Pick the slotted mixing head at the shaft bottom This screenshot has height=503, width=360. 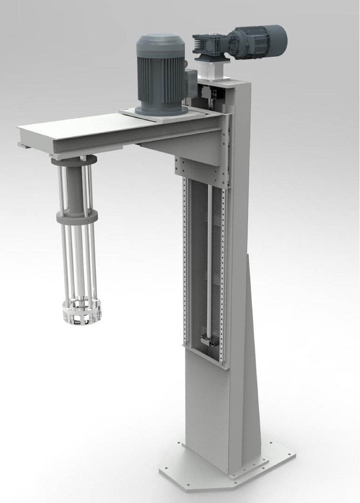(82, 312)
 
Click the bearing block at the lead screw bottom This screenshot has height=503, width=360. (208, 341)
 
